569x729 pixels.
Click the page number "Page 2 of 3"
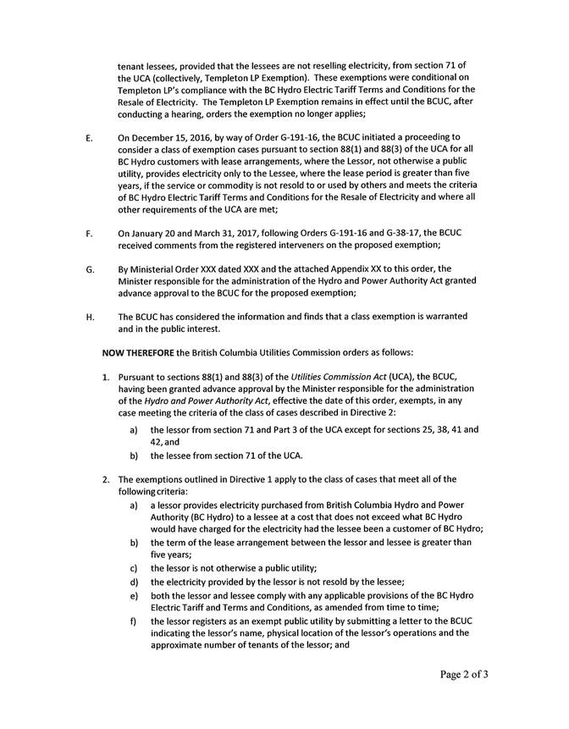(x=464, y=675)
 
